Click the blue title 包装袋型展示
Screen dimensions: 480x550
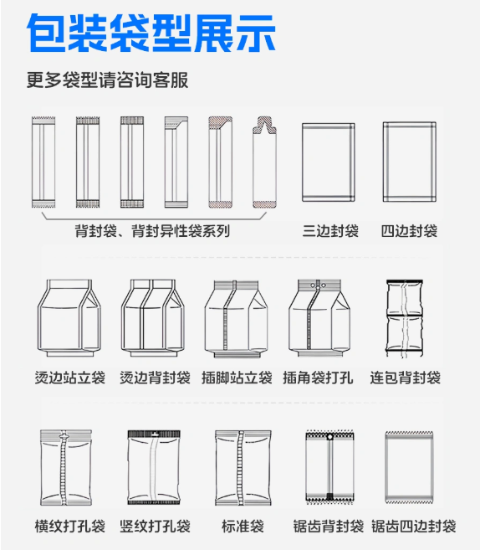[x=151, y=33]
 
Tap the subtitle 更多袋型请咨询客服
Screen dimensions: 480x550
[x=108, y=80]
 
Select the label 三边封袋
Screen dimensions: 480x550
[x=330, y=231]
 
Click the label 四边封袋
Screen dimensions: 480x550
[x=409, y=231]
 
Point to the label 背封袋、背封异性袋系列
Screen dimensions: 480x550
[x=152, y=231]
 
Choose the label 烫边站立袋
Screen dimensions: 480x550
[x=70, y=378]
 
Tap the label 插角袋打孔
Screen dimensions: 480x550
[x=318, y=378]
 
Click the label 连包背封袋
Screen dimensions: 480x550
[x=405, y=378]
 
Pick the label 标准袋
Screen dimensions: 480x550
[x=243, y=527]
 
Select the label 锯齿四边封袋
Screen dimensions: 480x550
[x=413, y=527]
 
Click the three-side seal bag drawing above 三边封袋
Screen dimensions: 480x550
[x=329, y=162]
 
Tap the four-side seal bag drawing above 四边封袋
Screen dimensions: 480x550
[x=410, y=162]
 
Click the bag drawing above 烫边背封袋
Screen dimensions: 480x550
[x=153, y=318]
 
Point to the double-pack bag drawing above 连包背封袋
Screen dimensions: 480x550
[x=405, y=318]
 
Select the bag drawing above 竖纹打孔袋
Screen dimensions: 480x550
[x=154, y=467]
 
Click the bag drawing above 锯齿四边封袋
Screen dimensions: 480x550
[x=409, y=467]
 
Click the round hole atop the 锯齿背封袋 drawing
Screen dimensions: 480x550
[x=329, y=437]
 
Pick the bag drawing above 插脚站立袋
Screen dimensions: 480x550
[x=236, y=318]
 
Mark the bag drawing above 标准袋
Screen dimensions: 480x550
[x=243, y=468]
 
